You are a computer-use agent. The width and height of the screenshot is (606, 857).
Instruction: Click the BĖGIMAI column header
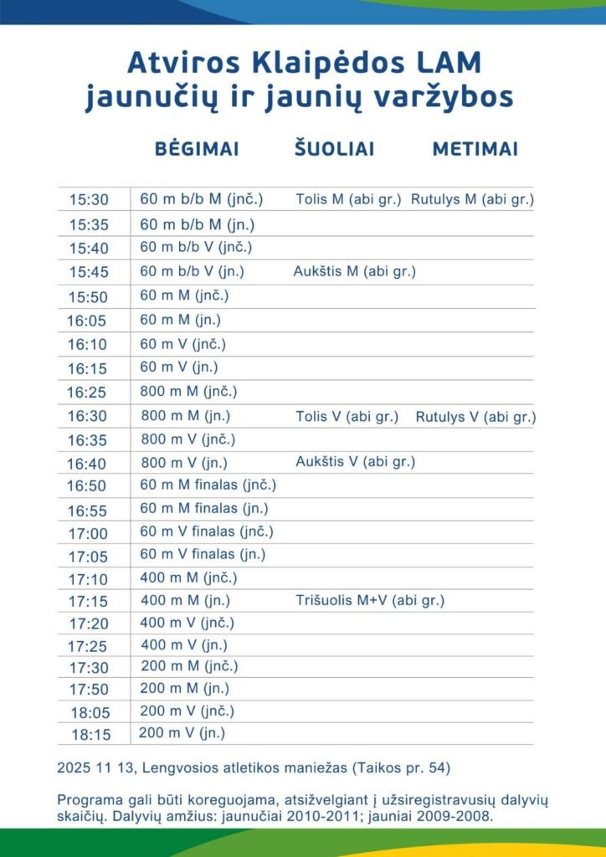(x=197, y=149)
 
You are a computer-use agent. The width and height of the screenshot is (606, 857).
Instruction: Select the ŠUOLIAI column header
(x=334, y=149)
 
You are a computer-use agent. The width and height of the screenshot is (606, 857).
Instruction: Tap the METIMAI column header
(x=475, y=149)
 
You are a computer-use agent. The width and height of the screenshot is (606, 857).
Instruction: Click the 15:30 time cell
(x=89, y=200)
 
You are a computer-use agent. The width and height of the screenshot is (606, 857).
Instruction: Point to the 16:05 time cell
(x=86, y=321)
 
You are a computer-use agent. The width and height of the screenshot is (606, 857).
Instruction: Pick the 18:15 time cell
(x=90, y=735)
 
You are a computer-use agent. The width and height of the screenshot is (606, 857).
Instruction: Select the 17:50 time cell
(x=89, y=690)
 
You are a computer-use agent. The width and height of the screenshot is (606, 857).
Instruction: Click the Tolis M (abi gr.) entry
(x=348, y=199)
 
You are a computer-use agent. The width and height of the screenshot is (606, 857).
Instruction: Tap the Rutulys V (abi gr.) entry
(x=475, y=417)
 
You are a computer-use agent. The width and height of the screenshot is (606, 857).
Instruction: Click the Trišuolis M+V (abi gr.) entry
(x=369, y=600)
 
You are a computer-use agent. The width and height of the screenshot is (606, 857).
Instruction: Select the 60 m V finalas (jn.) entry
(x=203, y=553)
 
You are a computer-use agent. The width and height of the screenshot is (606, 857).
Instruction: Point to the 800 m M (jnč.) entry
(x=189, y=391)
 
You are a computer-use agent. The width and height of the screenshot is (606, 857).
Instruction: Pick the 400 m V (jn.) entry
(x=183, y=644)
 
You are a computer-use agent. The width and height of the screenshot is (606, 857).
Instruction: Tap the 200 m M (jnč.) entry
(x=188, y=666)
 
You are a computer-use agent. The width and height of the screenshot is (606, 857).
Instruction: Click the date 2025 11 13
(x=90, y=767)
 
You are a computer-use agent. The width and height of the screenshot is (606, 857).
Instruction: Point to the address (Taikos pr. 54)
(x=408, y=767)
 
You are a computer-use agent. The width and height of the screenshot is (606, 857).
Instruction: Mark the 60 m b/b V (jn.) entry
(x=192, y=271)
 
